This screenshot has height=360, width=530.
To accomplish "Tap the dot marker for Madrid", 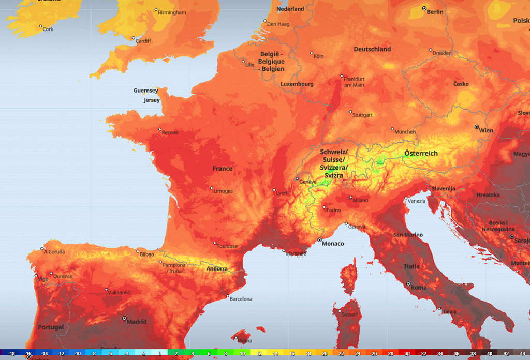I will click(x=124, y=318).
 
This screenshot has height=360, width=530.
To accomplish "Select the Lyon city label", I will click(x=282, y=193).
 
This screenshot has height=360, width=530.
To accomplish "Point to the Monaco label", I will click(x=333, y=244).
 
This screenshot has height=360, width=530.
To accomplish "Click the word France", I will click(x=223, y=169).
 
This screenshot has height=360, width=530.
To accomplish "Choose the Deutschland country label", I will click(x=372, y=49).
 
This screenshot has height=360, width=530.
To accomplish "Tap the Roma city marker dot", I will click(x=408, y=284).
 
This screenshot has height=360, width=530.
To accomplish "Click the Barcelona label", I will click(x=240, y=299).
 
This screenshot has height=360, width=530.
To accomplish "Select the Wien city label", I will click(x=486, y=131).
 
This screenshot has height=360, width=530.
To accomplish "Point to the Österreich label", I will click(x=421, y=154).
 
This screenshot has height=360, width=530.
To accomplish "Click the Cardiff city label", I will click(x=143, y=41).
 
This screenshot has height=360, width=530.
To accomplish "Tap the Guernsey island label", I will click(x=145, y=91).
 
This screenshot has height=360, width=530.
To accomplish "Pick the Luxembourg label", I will click(x=297, y=84).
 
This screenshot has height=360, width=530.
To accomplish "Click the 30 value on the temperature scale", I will click(x=407, y=354).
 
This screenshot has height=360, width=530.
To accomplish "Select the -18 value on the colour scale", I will click(x=11, y=354).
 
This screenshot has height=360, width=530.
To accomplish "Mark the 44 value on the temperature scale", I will click(x=522, y=354).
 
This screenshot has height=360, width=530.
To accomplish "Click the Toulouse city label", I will click(x=227, y=246).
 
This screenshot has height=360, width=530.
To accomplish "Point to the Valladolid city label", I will click(x=119, y=292).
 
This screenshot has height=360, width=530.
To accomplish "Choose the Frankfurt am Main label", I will click(x=354, y=82).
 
